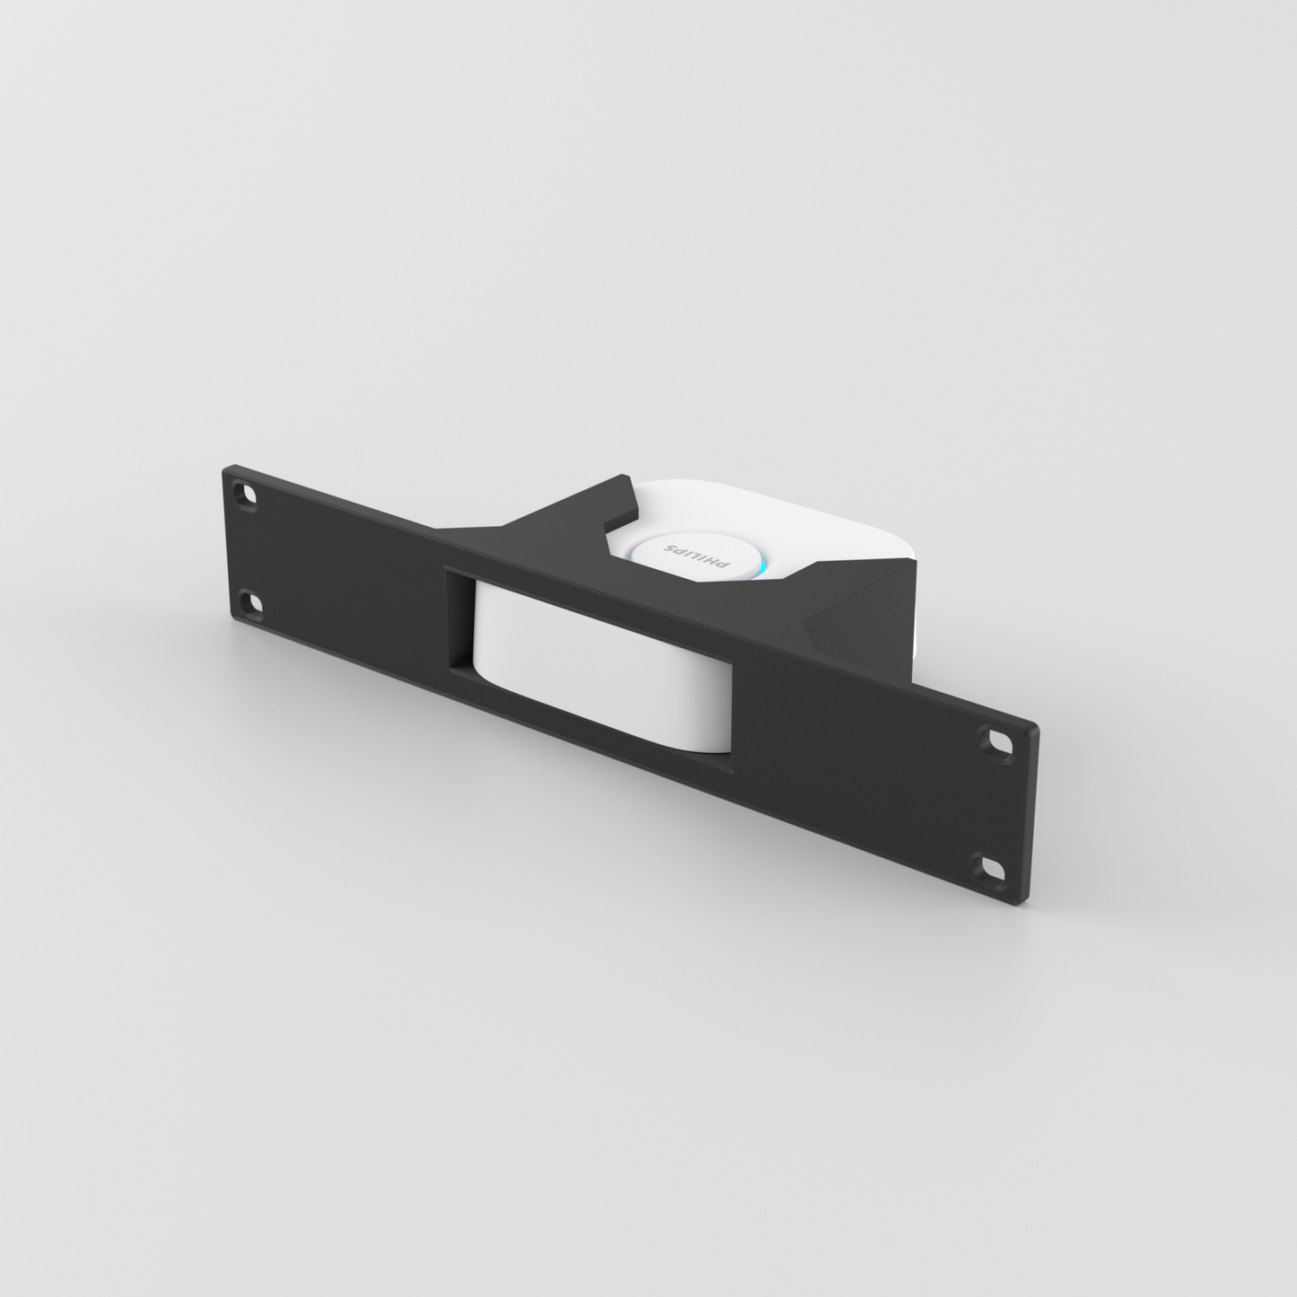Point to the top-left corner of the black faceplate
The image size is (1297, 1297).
(225, 467)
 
